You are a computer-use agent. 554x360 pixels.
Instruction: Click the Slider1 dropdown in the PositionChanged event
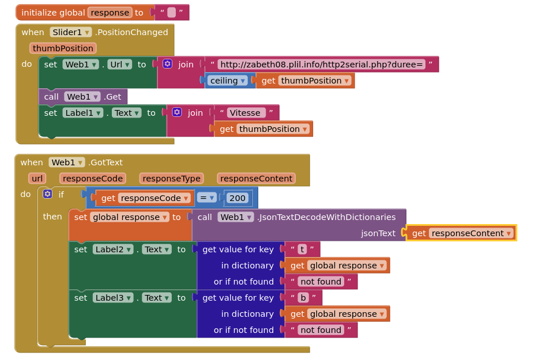point(71,32)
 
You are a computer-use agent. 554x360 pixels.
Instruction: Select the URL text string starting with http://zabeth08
point(322,65)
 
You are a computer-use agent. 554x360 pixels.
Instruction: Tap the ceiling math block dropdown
point(227,81)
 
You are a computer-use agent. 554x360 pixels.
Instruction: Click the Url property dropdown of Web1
point(119,65)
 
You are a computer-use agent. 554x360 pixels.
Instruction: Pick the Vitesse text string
point(246,113)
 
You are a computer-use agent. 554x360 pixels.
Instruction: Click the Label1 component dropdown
point(82,113)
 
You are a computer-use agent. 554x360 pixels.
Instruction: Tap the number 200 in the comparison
point(237,198)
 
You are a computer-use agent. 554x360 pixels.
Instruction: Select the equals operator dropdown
point(206,198)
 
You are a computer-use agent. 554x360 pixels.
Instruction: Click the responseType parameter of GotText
point(171,179)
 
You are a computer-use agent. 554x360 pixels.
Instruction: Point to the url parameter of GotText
point(37,179)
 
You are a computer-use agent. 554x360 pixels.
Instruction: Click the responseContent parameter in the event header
point(256,179)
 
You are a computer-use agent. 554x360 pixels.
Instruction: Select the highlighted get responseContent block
point(461,233)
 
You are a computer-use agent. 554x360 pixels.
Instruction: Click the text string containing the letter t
point(302,249)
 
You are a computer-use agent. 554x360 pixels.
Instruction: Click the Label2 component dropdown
point(113,249)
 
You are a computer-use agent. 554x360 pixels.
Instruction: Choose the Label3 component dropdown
point(113,298)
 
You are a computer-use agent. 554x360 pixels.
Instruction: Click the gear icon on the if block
point(47,194)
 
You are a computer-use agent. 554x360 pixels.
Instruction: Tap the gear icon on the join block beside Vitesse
point(177,112)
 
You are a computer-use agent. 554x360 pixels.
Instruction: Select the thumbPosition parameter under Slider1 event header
point(63,48)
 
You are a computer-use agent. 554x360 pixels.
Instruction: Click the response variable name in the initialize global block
point(110,13)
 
